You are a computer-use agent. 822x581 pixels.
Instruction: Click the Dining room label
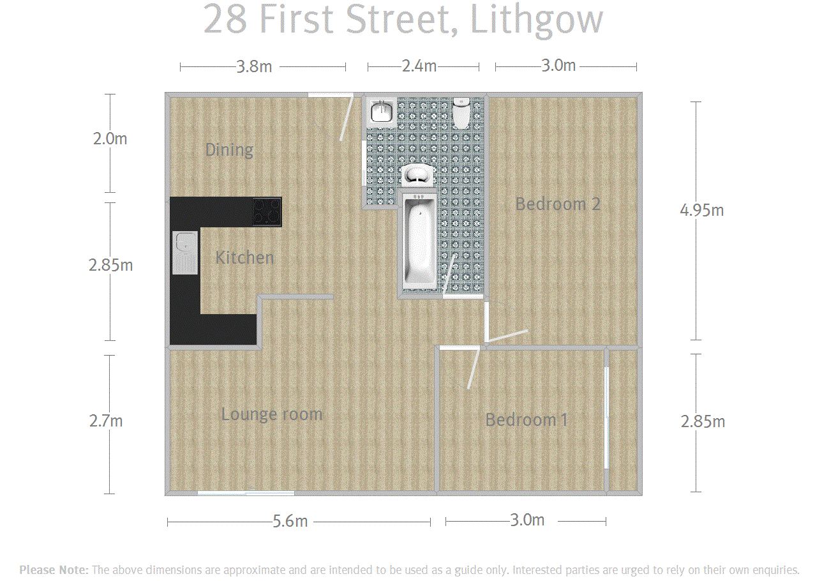click(x=229, y=150)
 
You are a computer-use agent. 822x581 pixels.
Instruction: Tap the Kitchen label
click(x=244, y=257)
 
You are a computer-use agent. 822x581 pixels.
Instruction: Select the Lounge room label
click(x=272, y=414)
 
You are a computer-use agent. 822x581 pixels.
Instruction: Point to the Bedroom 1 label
click(x=527, y=419)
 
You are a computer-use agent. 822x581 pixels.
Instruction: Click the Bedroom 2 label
click(x=558, y=204)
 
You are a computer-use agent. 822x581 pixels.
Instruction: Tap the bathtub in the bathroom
click(x=419, y=241)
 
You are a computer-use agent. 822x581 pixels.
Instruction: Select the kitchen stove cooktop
click(x=267, y=212)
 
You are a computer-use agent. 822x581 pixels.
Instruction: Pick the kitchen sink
click(x=185, y=253)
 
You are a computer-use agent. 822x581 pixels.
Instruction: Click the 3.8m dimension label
click(x=254, y=67)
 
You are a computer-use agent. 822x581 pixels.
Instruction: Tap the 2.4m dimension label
click(x=419, y=66)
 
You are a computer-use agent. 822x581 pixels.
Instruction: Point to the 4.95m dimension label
click(x=701, y=210)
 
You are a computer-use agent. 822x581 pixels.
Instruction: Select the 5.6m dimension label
click(x=290, y=521)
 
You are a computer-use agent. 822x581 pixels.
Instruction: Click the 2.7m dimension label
click(x=106, y=421)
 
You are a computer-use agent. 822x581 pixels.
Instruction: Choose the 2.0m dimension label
click(x=110, y=139)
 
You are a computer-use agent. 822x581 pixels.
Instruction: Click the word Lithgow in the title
click(x=536, y=20)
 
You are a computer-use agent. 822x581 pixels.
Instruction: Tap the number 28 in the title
click(x=225, y=19)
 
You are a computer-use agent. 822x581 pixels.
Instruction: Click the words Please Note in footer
click(x=54, y=570)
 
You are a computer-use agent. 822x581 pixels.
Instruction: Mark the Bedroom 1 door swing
click(x=474, y=368)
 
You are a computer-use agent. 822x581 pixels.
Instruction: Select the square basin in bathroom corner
click(x=382, y=112)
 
